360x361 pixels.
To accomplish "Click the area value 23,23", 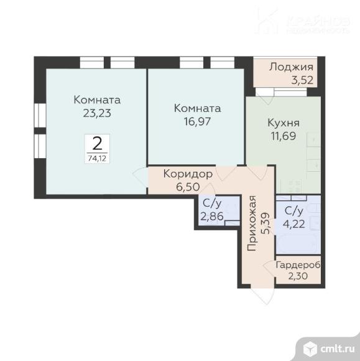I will pos(96,113).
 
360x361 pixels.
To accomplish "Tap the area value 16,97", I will pos(197,121).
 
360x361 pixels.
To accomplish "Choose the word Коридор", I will pos(188,174).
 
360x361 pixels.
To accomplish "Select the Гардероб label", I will pos(298,264).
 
